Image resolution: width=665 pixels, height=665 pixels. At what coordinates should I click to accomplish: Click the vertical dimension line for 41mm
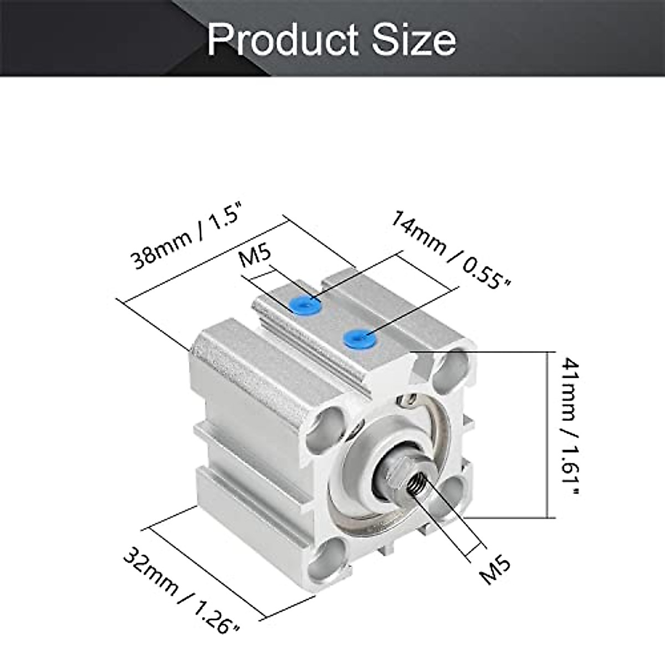click(549, 434)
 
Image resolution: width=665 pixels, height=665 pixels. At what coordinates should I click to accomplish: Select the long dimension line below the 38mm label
click(205, 260)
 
